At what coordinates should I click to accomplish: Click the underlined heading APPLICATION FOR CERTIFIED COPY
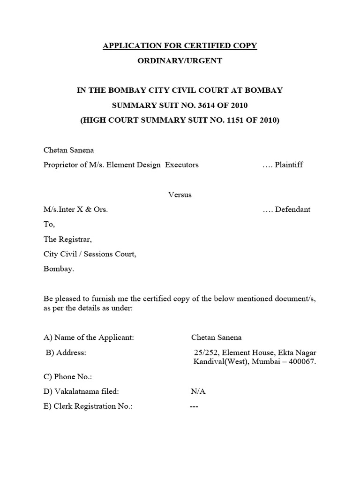point(180,46)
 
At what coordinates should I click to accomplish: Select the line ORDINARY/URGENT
point(180,61)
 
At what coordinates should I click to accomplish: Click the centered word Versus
point(180,195)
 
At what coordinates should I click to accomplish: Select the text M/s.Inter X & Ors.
point(75,210)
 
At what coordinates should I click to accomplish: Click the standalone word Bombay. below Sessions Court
point(59,269)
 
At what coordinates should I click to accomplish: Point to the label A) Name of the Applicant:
point(89,337)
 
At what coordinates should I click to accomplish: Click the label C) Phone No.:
point(67,376)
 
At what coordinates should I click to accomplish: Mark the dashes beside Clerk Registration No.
point(194,406)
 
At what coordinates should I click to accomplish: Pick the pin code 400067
point(303,362)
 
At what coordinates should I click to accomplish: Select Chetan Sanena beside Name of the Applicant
point(217,337)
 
